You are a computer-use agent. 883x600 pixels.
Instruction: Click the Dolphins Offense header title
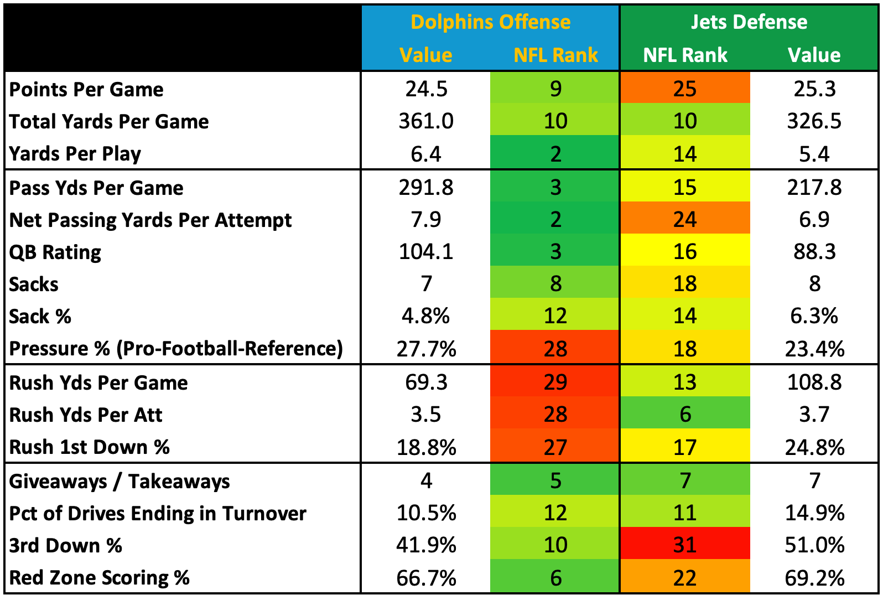pyautogui.click(x=490, y=22)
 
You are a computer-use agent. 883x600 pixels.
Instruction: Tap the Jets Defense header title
pyautogui.click(x=749, y=22)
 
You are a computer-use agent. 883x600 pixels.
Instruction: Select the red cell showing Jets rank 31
pyautogui.click(x=685, y=545)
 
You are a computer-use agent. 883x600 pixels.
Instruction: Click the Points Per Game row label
pyautogui.click(x=86, y=89)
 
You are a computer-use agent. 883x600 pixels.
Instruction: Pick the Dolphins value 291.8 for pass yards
pyautogui.click(x=426, y=188)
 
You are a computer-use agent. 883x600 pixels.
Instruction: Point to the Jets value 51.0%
pyautogui.click(x=814, y=545)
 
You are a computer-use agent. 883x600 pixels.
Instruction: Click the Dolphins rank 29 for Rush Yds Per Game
pyautogui.click(x=555, y=382)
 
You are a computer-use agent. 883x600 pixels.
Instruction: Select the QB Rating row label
pyautogui.click(x=55, y=252)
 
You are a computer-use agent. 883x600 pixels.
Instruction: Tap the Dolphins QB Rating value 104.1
pyautogui.click(x=426, y=252)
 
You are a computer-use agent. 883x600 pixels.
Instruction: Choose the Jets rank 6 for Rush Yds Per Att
pyautogui.click(x=685, y=415)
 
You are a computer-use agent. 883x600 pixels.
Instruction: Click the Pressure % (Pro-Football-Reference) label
pyautogui.click(x=176, y=349)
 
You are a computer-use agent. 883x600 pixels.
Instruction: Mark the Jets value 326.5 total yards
pyautogui.click(x=814, y=121)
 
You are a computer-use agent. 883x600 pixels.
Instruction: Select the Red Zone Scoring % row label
pyautogui.click(x=100, y=578)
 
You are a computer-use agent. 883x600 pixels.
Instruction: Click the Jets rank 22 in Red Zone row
pyautogui.click(x=685, y=578)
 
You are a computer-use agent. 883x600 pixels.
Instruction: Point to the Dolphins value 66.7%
pyautogui.click(x=426, y=578)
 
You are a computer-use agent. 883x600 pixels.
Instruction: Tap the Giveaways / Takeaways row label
pyautogui.click(x=120, y=482)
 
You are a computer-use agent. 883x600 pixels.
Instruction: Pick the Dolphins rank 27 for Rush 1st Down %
pyautogui.click(x=555, y=447)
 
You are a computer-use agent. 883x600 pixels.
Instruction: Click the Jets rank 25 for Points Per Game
pyautogui.click(x=685, y=89)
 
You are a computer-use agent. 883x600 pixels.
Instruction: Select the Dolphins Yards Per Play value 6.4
pyautogui.click(x=426, y=154)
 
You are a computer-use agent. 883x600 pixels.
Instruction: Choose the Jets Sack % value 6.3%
pyautogui.click(x=814, y=316)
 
